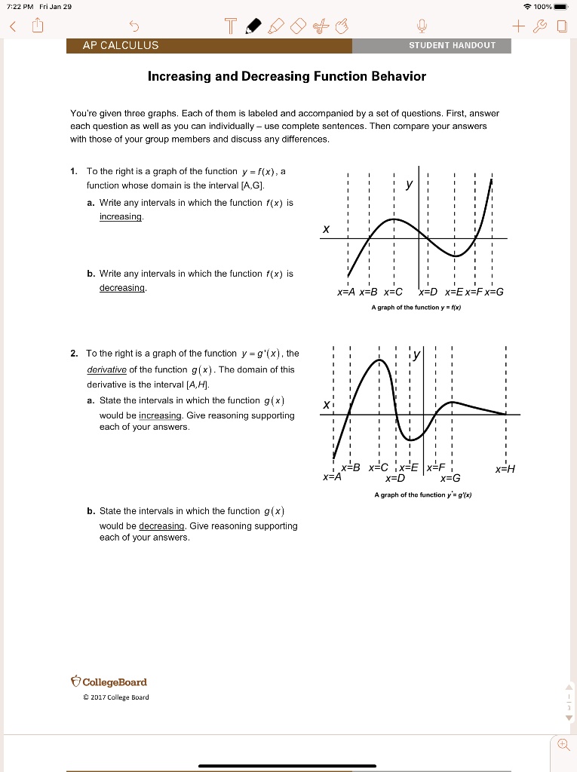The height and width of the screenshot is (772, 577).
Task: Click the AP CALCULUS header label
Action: pyautogui.click(x=121, y=45)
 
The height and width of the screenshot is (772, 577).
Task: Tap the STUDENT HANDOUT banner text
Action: pyautogui.click(x=453, y=45)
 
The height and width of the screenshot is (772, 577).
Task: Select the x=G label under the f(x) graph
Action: pyautogui.click(x=494, y=292)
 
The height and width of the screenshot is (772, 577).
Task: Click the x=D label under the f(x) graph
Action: pyautogui.click(x=428, y=292)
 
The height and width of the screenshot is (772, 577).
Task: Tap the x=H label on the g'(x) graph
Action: pyautogui.click(x=505, y=469)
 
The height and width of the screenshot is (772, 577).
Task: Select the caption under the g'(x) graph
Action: pyautogui.click(x=422, y=495)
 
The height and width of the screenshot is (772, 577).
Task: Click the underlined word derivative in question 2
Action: pyautogui.click(x=107, y=369)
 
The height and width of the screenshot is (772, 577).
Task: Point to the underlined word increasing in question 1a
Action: pyautogui.click(x=121, y=217)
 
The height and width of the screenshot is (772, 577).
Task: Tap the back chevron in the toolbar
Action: pyautogui.click(x=12, y=28)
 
